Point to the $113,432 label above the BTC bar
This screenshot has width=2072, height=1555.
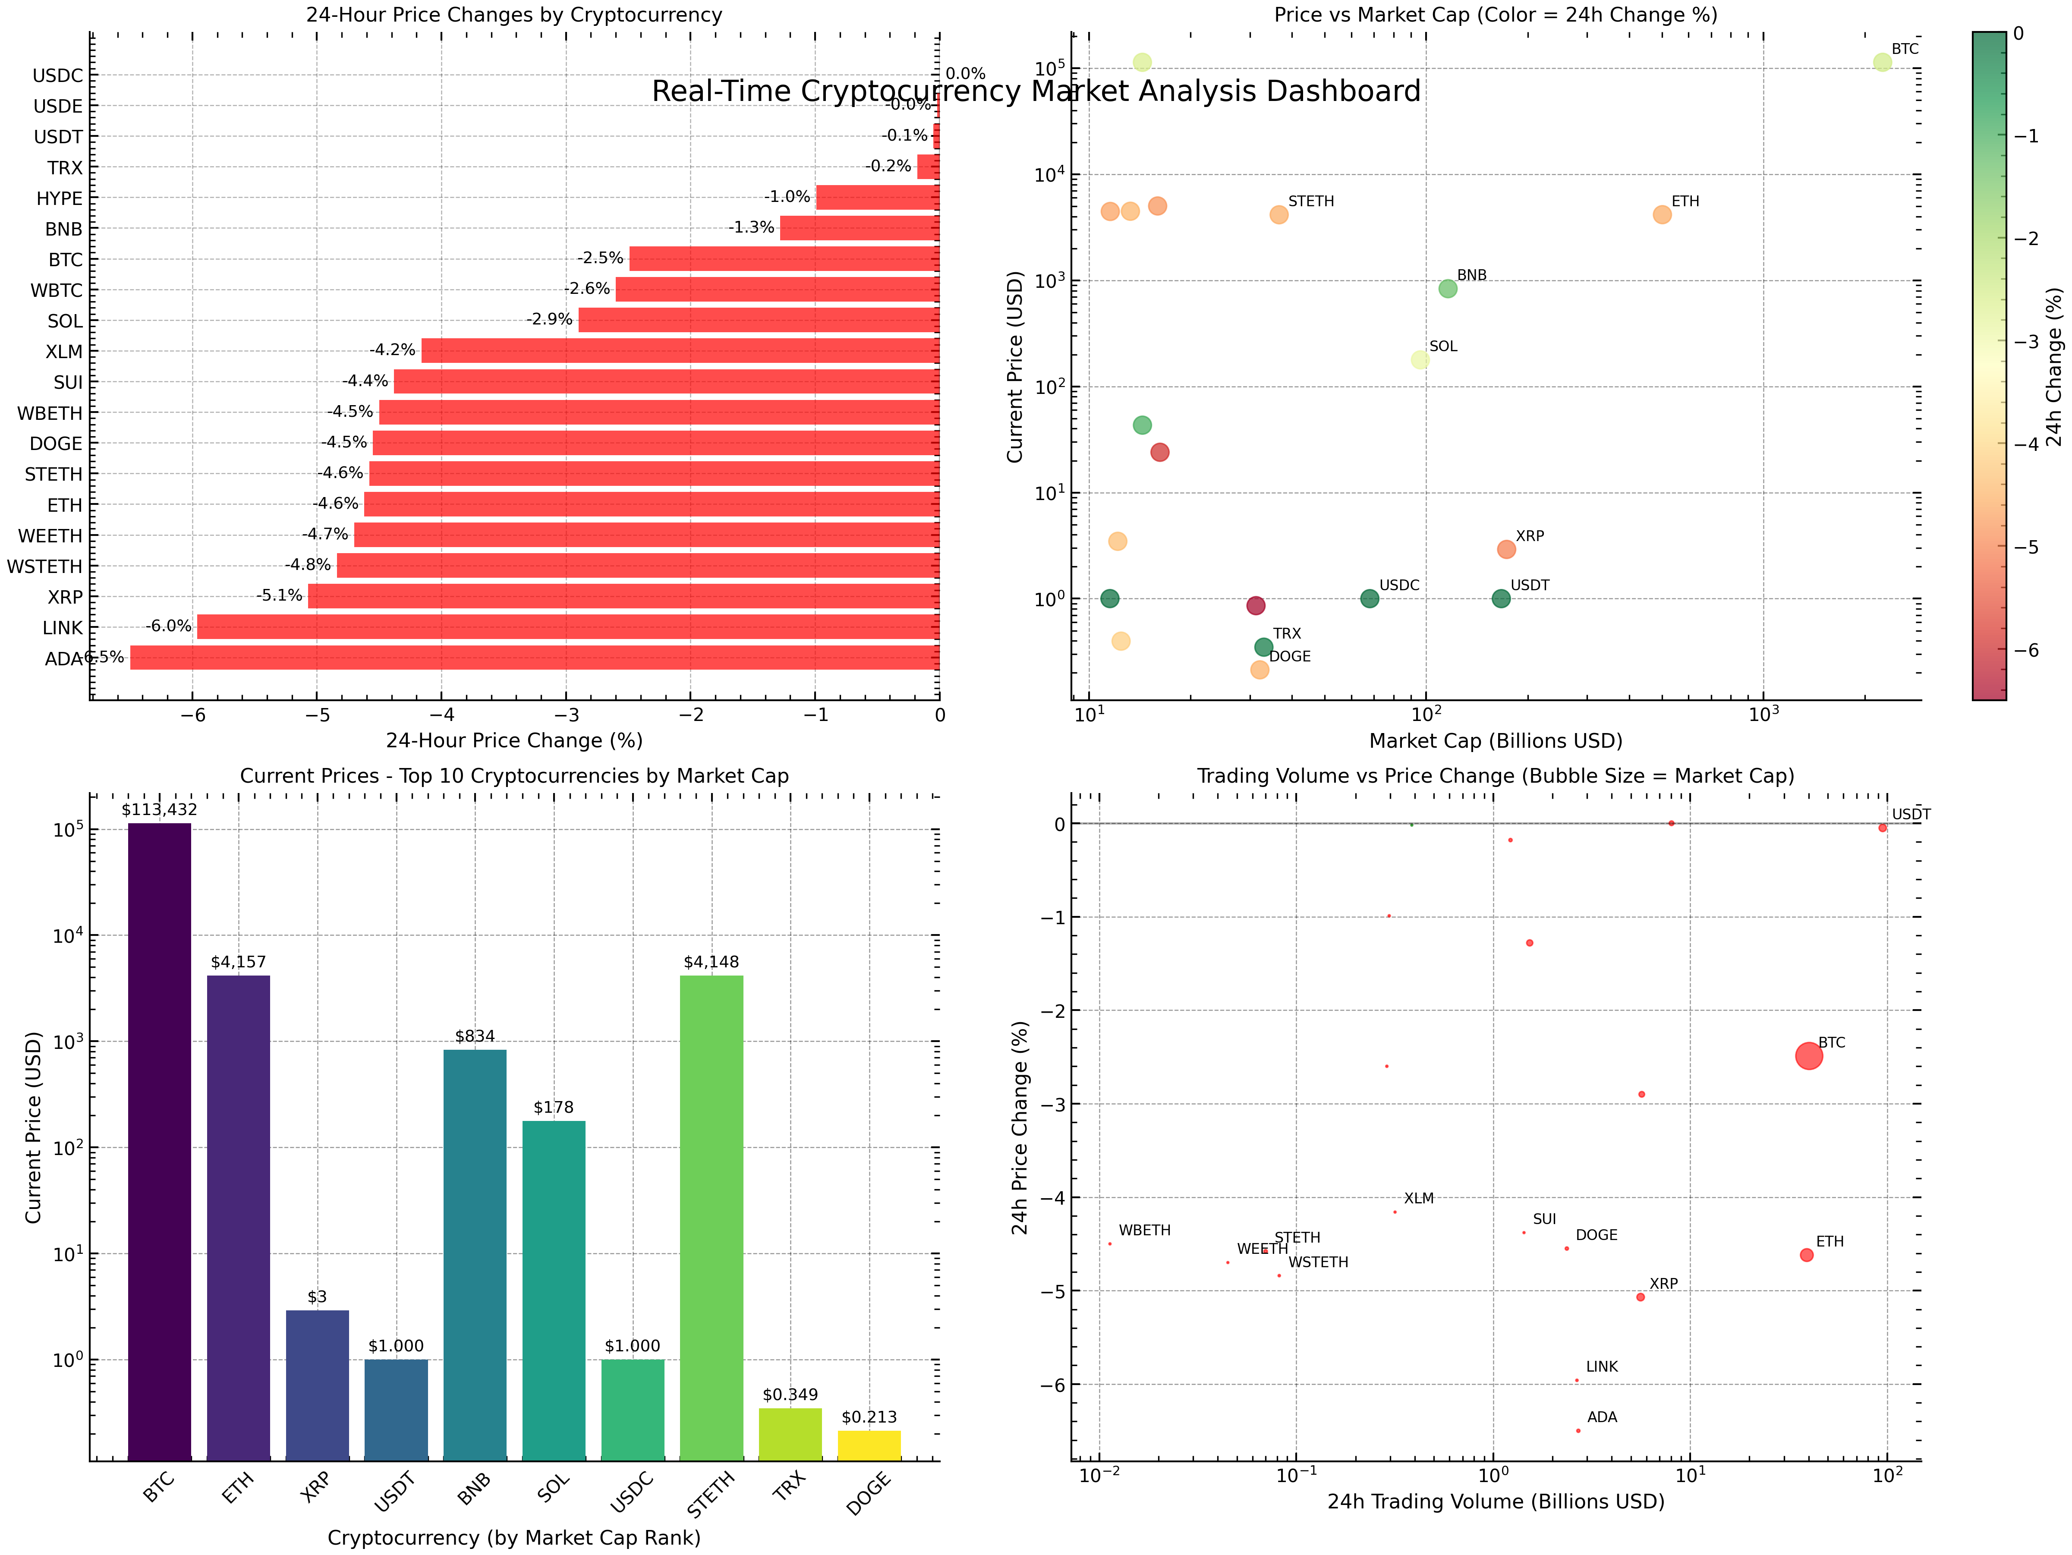(x=159, y=809)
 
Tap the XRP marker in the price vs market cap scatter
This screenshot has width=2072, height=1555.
(x=1506, y=549)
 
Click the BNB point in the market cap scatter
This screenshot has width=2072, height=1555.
(x=1447, y=289)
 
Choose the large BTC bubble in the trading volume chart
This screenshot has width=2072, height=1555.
(x=1809, y=1056)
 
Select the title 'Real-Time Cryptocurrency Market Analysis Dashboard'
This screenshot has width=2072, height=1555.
(x=1036, y=92)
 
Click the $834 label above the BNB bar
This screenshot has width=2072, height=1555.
(x=475, y=1036)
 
